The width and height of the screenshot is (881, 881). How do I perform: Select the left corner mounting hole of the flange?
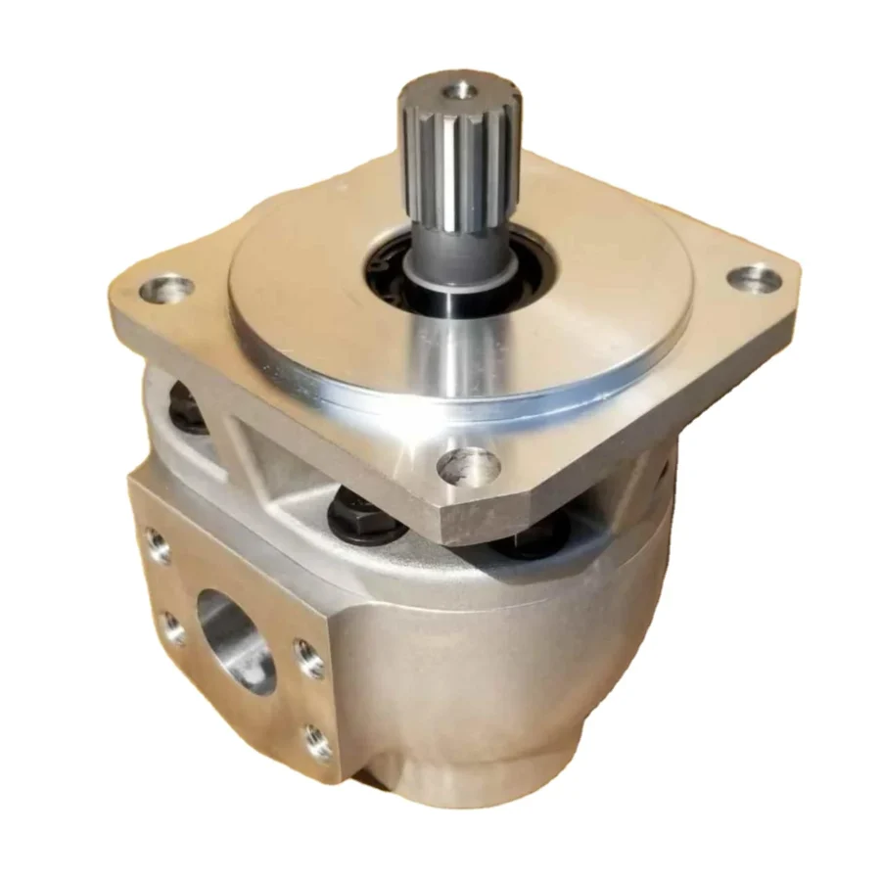pyautogui.click(x=165, y=289)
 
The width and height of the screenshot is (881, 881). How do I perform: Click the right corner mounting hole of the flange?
pyautogui.click(x=754, y=280)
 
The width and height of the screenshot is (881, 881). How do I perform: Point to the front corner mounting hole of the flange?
pyautogui.click(x=469, y=466)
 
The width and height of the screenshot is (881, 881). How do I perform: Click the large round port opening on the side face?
pyautogui.click(x=236, y=640)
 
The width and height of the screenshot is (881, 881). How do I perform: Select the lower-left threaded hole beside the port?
pyautogui.click(x=172, y=627)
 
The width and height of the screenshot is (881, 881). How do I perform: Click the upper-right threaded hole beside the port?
pyautogui.click(x=309, y=659)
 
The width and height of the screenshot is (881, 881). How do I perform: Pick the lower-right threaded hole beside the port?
pyautogui.click(x=318, y=741)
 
